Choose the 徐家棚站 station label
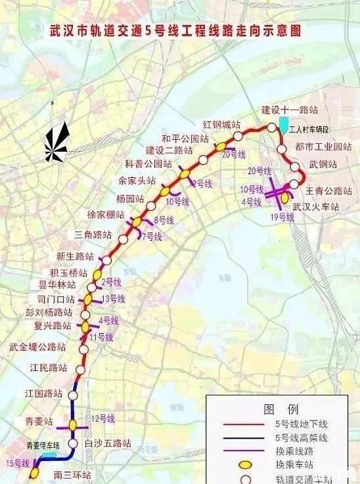[106, 215]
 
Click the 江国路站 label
[44, 394]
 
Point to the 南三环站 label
[72, 475]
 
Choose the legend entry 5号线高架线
[302, 437]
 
